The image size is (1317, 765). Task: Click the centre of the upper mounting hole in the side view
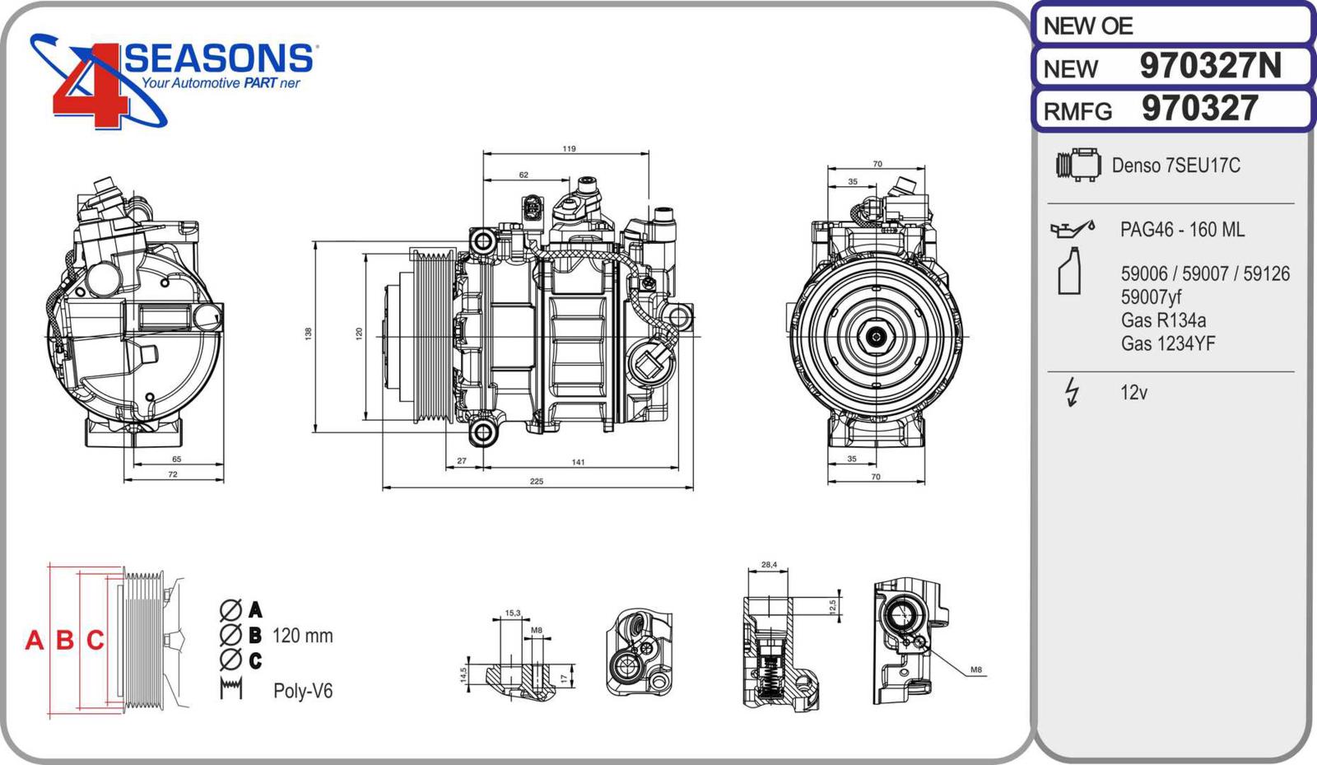[483, 240]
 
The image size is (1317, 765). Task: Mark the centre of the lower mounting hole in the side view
[483, 432]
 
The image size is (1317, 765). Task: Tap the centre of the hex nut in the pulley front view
[876, 337]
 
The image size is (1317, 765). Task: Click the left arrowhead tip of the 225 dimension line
[383, 487]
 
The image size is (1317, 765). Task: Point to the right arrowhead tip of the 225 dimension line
[693, 487]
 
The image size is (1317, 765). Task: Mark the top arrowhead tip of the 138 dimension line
[315, 241]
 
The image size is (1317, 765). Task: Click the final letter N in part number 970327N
[1268, 66]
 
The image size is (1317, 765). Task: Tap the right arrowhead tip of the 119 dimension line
[649, 154]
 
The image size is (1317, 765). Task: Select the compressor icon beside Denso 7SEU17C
[1078, 165]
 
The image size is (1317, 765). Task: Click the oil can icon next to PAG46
[1073, 229]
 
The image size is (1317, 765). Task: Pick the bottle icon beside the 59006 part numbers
[1069, 271]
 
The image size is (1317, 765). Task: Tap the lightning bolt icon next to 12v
[1072, 392]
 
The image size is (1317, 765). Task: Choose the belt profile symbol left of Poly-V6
[231, 688]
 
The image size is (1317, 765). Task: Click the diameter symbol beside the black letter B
[230, 635]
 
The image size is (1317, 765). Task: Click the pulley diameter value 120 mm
[302, 636]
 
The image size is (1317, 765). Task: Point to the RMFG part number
[1199, 109]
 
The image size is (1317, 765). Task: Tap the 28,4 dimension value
[769, 565]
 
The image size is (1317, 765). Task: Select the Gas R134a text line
[1163, 320]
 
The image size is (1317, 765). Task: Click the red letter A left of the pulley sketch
[34, 640]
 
